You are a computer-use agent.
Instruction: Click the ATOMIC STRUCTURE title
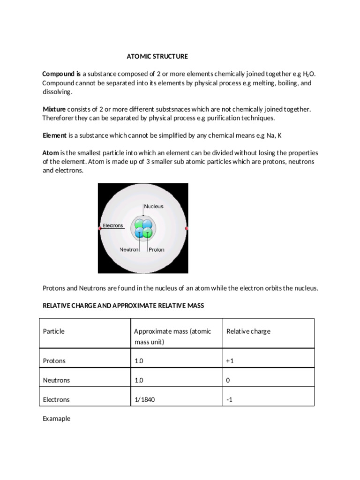(157, 56)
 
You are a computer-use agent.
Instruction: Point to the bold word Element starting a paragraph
(54, 135)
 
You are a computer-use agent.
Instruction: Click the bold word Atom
(50, 153)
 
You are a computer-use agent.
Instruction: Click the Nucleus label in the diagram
(154, 206)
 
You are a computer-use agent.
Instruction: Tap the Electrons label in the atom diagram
(113, 225)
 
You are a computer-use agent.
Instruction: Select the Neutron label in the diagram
(129, 249)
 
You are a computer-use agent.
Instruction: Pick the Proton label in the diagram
(157, 249)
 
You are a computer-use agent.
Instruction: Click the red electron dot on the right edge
(187, 228)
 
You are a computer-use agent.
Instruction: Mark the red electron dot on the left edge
(99, 228)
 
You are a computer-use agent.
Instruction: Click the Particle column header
(53, 331)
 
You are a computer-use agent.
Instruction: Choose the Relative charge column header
(248, 331)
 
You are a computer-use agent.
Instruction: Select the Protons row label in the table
(54, 361)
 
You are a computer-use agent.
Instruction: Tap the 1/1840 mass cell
(144, 400)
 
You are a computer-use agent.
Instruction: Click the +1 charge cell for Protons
(230, 361)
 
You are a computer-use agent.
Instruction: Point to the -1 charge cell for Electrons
(229, 400)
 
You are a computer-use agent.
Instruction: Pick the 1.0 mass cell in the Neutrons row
(139, 380)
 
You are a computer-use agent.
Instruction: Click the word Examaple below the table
(56, 419)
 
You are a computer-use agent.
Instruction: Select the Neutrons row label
(56, 380)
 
